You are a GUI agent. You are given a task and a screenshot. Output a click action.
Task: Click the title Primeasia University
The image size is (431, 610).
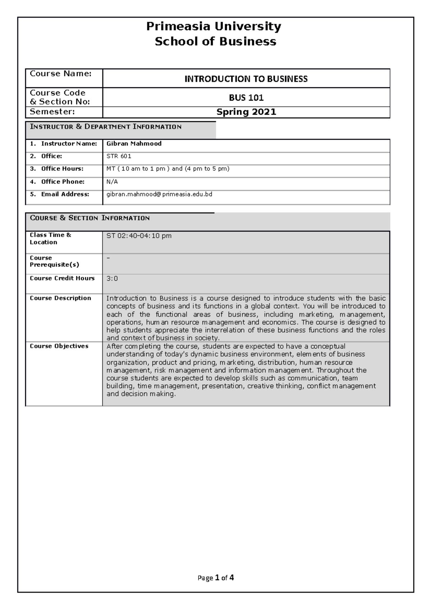214,27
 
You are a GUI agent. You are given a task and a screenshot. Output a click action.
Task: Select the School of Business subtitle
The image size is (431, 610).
215,42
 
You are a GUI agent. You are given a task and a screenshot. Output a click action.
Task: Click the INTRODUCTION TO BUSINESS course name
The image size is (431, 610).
246,79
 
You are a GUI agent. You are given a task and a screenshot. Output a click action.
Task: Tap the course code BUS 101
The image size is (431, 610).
246,98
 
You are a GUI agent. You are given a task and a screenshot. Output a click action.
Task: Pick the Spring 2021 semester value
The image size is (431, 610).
246,112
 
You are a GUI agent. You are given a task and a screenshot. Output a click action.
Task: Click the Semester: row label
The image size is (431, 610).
52,112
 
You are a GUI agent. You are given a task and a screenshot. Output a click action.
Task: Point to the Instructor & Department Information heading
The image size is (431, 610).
106,127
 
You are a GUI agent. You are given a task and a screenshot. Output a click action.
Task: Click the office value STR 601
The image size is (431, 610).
119,156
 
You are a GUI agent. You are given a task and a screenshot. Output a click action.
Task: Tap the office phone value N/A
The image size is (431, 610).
112,182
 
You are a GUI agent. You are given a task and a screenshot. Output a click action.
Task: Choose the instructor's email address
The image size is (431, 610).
159,194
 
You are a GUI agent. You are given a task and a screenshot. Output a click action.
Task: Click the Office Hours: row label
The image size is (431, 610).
62,169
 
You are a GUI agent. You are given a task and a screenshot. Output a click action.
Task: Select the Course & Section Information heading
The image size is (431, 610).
90,218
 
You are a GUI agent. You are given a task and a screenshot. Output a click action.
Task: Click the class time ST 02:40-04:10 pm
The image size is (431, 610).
139,236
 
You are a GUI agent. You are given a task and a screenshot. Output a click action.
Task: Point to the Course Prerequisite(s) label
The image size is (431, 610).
54,261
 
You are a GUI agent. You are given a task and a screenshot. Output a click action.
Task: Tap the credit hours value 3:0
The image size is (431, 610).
112,279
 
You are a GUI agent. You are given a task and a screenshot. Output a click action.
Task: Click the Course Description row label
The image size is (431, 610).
60,298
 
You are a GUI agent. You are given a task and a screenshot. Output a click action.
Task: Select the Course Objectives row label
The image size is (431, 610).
59,346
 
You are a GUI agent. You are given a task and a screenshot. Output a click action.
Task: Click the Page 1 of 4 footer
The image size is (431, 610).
215,578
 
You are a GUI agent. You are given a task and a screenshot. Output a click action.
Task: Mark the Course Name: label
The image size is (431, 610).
61,74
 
